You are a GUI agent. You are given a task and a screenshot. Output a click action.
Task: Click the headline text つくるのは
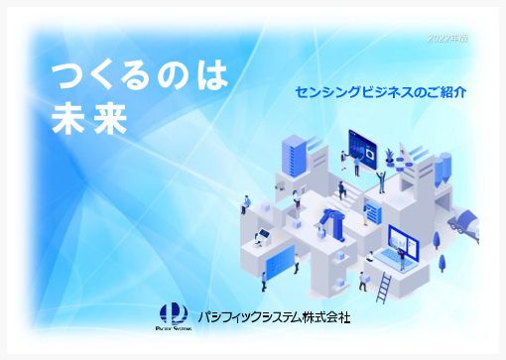(x=140, y=75)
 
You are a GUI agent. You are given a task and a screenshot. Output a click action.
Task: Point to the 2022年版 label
(x=448, y=38)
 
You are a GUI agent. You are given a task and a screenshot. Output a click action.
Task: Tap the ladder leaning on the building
(x=386, y=286)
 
